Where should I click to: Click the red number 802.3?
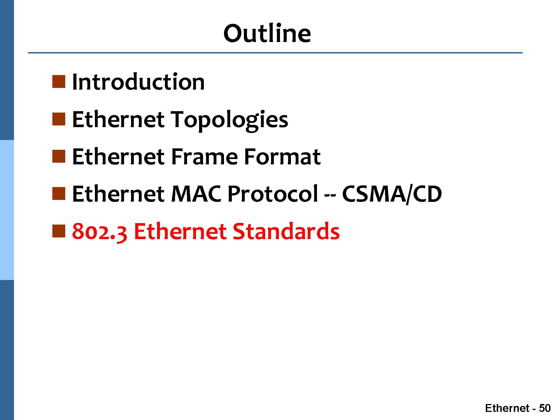(100, 232)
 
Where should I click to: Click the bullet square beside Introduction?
(59, 81)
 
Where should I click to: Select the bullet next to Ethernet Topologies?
(59, 119)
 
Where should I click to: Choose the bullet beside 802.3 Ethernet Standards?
(59, 231)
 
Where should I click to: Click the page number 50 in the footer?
(545, 408)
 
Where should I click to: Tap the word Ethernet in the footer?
(507, 408)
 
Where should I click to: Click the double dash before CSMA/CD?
(330, 195)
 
